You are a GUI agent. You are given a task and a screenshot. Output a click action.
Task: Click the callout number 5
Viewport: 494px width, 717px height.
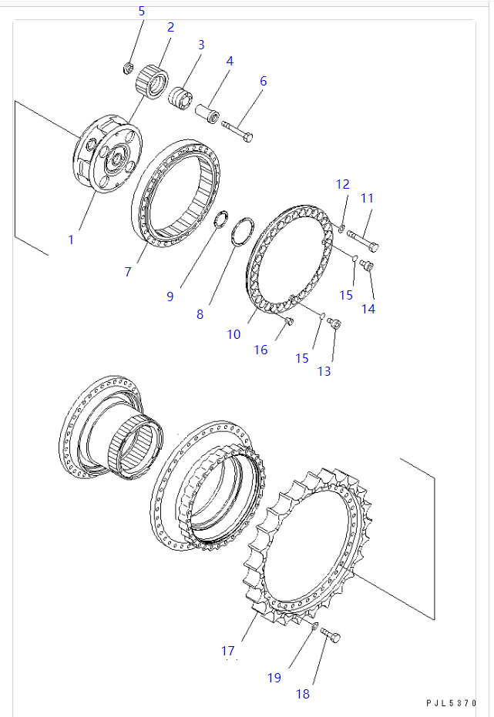point(141,11)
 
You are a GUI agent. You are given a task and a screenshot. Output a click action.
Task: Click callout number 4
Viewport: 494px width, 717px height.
point(229,61)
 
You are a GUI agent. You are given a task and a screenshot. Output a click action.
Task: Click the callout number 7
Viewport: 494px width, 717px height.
point(129,272)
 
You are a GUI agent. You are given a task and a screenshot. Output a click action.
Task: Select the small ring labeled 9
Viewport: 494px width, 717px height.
point(220,222)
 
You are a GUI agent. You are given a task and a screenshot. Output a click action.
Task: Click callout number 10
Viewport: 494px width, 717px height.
point(234,334)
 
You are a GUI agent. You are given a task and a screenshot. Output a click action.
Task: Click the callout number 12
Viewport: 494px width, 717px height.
point(342,184)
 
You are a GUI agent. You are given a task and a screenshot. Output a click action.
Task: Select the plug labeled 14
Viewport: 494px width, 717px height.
point(367,266)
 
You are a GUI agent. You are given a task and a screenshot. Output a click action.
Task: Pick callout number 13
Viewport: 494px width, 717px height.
point(324,371)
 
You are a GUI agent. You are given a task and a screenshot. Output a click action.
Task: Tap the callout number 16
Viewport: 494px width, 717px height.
point(261,350)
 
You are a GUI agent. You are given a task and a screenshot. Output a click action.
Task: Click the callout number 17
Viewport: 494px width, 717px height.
point(228,651)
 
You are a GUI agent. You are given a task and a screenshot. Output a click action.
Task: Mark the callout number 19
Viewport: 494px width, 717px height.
point(274,678)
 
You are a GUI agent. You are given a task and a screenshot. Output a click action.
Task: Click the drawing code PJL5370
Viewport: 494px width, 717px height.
point(451,704)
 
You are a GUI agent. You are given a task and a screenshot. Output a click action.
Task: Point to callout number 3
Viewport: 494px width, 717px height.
point(200,45)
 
